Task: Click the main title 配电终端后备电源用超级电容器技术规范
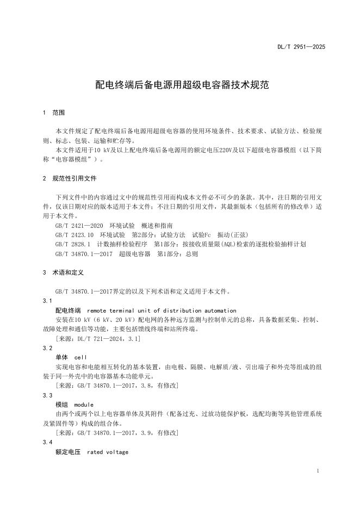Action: [179, 85]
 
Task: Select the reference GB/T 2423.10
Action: [75, 234]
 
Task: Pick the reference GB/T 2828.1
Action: [72, 244]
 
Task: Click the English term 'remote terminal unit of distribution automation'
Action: [159, 310]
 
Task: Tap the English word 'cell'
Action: [80, 357]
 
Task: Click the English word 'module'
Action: [84, 405]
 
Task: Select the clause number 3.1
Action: [47, 300]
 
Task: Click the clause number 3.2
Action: [47, 347]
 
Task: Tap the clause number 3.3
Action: [47, 395]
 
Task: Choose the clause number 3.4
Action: [47, 443]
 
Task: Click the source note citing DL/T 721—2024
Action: [98, 338]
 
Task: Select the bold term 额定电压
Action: [68, 452]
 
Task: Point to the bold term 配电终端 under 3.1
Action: [68, 310]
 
